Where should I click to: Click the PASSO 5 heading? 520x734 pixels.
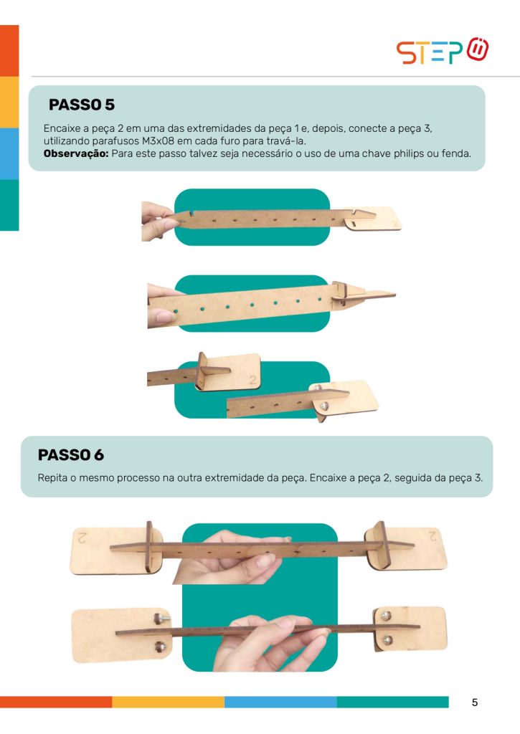coord(82,105)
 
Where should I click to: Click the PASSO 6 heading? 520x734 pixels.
coord(71,454)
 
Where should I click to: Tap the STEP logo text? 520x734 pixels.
coord(430,52)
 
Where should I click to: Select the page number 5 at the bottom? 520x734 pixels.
coord(475,702)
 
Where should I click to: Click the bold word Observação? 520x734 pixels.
coord(76,153)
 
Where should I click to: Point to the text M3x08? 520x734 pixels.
coord(158,141)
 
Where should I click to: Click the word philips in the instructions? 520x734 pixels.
coord(409,153)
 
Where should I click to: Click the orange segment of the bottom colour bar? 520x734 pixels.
coord(56,702)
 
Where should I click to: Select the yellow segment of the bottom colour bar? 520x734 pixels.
coord(168,702)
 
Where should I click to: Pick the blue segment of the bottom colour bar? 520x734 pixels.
coord(280,702)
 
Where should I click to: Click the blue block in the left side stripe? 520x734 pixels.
coord(9,153)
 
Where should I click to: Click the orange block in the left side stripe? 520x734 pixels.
coord(9,51)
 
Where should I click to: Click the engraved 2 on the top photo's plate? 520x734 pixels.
coord(395,224)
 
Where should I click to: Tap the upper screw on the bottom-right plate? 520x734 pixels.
coord(386,616)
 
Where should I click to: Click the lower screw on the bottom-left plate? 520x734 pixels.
coord(159,647)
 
